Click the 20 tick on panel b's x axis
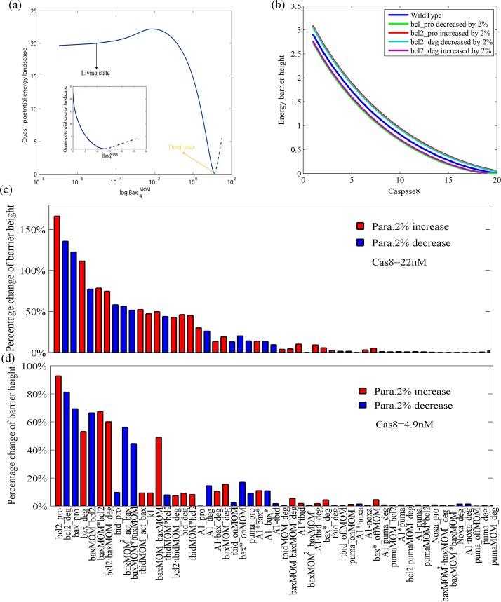coord(495,181)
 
